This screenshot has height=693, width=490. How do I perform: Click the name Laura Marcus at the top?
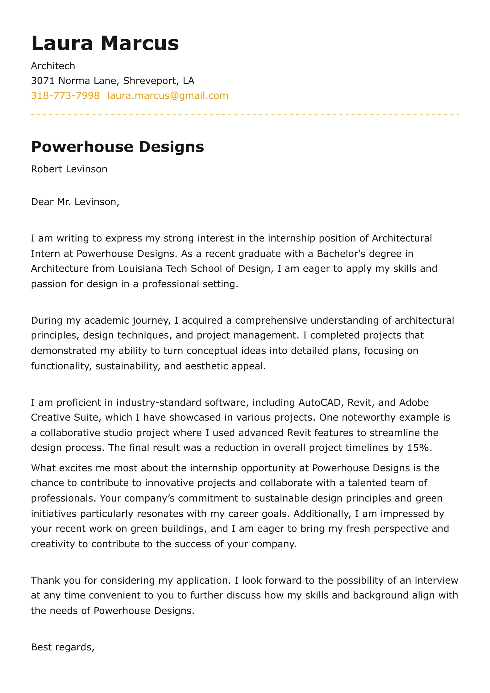105,43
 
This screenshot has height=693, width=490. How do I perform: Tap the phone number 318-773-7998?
65,96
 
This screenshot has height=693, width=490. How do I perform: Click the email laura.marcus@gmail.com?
168,96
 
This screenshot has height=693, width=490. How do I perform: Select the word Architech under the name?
53,66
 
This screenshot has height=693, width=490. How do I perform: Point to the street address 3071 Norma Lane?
73,81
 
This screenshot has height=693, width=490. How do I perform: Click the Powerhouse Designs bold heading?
117,147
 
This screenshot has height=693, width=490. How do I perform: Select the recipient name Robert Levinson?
69,169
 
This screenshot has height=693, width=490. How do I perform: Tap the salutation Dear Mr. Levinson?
75,202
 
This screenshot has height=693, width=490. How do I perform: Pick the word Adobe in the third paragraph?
414,403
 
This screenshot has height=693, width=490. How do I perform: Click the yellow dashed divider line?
245,115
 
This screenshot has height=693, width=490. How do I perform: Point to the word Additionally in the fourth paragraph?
322,514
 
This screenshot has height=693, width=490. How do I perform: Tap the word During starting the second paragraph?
47,321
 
